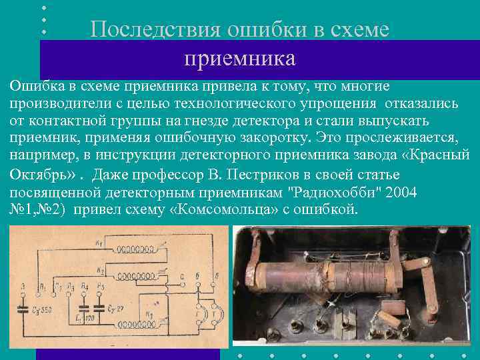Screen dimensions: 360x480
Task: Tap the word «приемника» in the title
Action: (x=239, y=59)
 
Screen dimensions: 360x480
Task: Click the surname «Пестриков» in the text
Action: (x=255, y=175)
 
